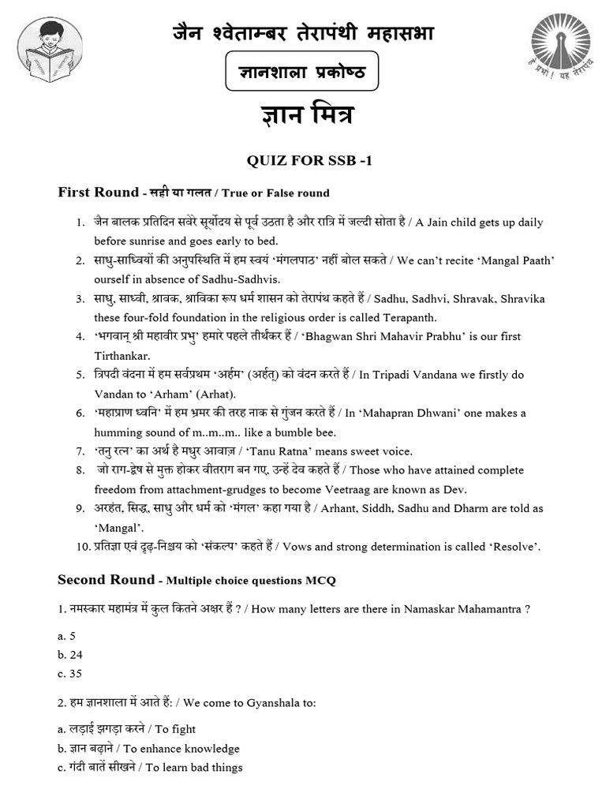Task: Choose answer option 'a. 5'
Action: [65, 635]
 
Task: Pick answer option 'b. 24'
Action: [69, 654]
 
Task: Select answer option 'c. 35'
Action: [69, 674]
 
